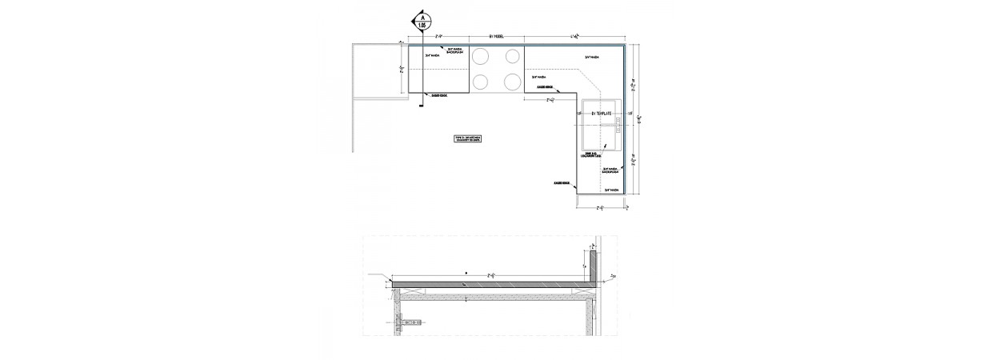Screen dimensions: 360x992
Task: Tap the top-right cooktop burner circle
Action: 510,56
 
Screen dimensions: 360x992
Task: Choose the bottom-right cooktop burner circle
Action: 510,81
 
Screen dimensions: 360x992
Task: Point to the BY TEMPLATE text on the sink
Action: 600,114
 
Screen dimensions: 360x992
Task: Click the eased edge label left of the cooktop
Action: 438,96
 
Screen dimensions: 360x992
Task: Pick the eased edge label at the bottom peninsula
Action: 561,182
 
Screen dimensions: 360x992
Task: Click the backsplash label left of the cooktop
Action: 454,50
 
